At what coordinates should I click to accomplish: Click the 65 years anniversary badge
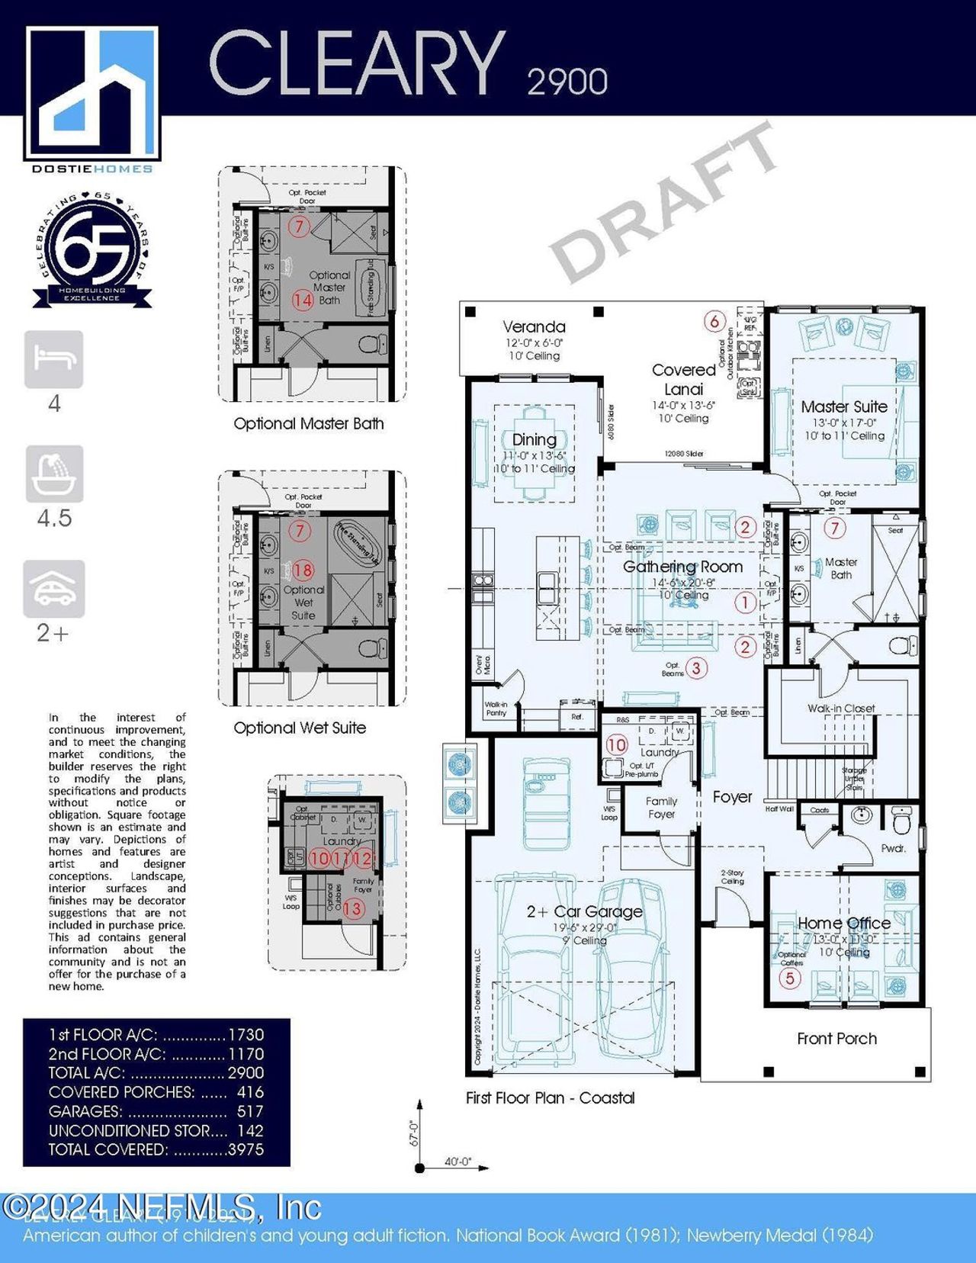92,249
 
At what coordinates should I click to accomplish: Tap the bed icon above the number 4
53,359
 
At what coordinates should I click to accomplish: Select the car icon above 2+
53,589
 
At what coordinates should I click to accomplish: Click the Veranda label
534,327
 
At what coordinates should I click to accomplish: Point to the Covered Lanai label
683,379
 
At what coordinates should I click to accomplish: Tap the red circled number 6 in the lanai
714,321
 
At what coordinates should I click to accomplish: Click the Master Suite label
843,407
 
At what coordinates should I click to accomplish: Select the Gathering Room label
682,567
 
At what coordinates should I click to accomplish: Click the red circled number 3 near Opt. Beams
695,668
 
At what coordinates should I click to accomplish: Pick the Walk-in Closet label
841,709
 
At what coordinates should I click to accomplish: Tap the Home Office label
843,923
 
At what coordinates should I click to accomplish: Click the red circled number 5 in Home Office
789,978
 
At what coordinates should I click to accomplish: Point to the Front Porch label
836,1039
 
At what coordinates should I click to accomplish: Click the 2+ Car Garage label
584,911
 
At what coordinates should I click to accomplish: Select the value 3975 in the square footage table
246,1149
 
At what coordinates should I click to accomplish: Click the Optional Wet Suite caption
300,728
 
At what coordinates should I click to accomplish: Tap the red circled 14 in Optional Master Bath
303,300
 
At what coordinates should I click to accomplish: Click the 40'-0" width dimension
457,1162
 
